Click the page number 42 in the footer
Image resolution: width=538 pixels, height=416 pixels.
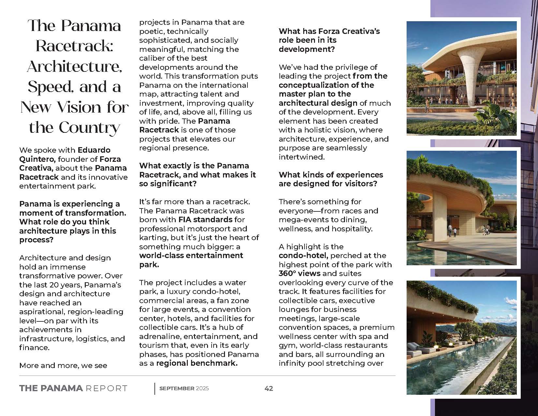pyautogui.click(x=269, y=388)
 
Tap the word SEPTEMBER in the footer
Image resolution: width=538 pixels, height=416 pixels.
pyautogui.click(x=177, y=388)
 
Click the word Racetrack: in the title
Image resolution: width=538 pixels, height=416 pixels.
pyautogui.click(x=74, y=46)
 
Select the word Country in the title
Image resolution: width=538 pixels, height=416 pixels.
pyautogui.click(x=89, y=128)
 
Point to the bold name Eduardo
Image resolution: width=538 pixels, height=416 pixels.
pyautogui.click(x=94, y=150)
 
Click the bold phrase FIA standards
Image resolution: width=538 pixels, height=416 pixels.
pyautogui.click(x=205, y=220)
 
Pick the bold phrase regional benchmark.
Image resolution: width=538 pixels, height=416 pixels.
pyautogui.click(x=197, y=363)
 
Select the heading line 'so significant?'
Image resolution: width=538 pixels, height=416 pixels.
pyautogui.click(x=168, y=184)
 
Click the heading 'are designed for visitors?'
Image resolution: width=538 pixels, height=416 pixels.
pyautogui.click(x=328, y=184)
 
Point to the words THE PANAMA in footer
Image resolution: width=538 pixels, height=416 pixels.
pyautogui.click(x=51, y=388)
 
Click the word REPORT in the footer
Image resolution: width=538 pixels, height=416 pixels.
pyautogui.click(x=106, y=388)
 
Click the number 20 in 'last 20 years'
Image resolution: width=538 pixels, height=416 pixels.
pyautogui.click(x=58, y=285)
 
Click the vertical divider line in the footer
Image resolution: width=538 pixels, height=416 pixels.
pyautogui.click(x=155, y=388)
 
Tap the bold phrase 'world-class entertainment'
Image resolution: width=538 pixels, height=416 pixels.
pyautogui.click(x=191, y=255)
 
